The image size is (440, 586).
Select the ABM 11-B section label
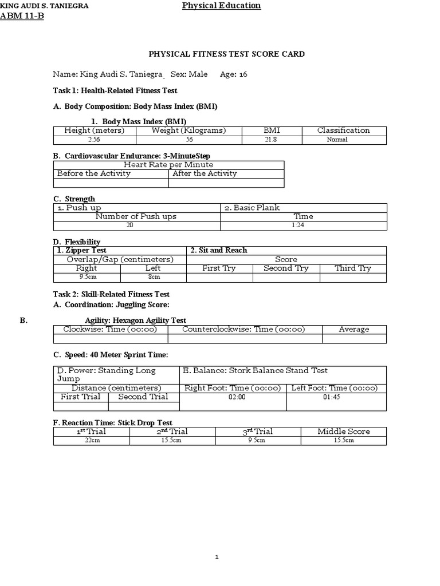click(23, 16)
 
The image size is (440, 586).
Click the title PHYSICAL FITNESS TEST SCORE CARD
click(227, 54)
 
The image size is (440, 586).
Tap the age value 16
click(243, 74)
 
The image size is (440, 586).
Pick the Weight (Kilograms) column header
click(188, 130)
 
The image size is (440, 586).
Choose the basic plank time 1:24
click(303, 225)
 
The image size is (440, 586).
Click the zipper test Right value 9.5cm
click(87, 278)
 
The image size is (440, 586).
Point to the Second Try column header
click(286, 268)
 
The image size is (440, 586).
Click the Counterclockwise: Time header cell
click(243, 330)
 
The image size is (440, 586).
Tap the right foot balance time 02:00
click(233, 397)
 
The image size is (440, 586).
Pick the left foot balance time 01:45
click(336, 397)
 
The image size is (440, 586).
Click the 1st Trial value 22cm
click(92, 441)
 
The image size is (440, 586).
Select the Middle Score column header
click(343, 431)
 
